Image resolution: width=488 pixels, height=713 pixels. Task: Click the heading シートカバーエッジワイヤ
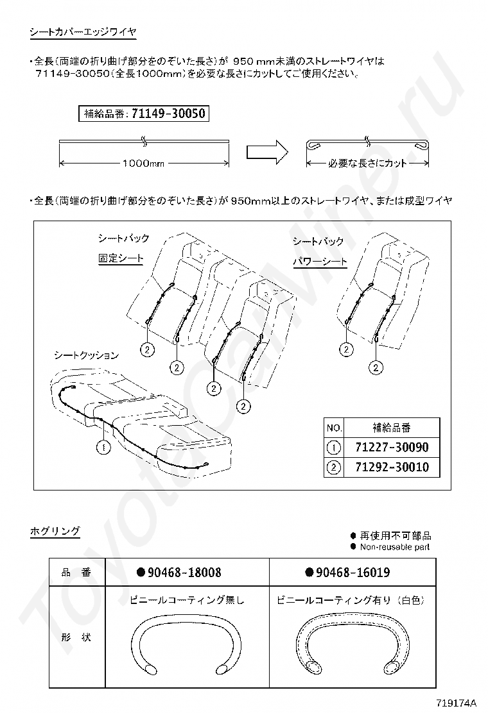[83, 31]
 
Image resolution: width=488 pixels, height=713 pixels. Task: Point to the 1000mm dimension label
[143, 164]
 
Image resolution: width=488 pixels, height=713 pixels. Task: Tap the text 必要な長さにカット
[367, 164]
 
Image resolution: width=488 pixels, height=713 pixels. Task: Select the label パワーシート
[320, 262]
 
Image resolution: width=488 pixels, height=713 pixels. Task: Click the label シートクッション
[85, 355]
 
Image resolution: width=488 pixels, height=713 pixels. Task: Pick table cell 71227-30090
[391, 448]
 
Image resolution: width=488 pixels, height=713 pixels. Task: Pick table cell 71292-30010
[391, 467]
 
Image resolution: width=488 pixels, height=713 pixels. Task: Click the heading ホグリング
[55, 531]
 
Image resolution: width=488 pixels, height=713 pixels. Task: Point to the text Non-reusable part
[394, 547]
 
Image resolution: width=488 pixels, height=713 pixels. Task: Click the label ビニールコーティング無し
[187, 601]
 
